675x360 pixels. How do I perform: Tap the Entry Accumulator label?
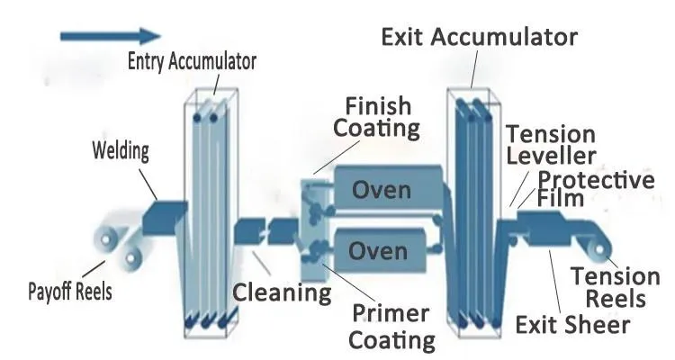191,62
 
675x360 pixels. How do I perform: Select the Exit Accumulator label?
478,38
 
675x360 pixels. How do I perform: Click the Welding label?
121,149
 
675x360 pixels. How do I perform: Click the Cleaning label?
282,292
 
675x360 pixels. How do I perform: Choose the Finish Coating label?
377,116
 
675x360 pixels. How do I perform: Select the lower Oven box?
379,249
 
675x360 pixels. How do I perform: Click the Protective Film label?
594,188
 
